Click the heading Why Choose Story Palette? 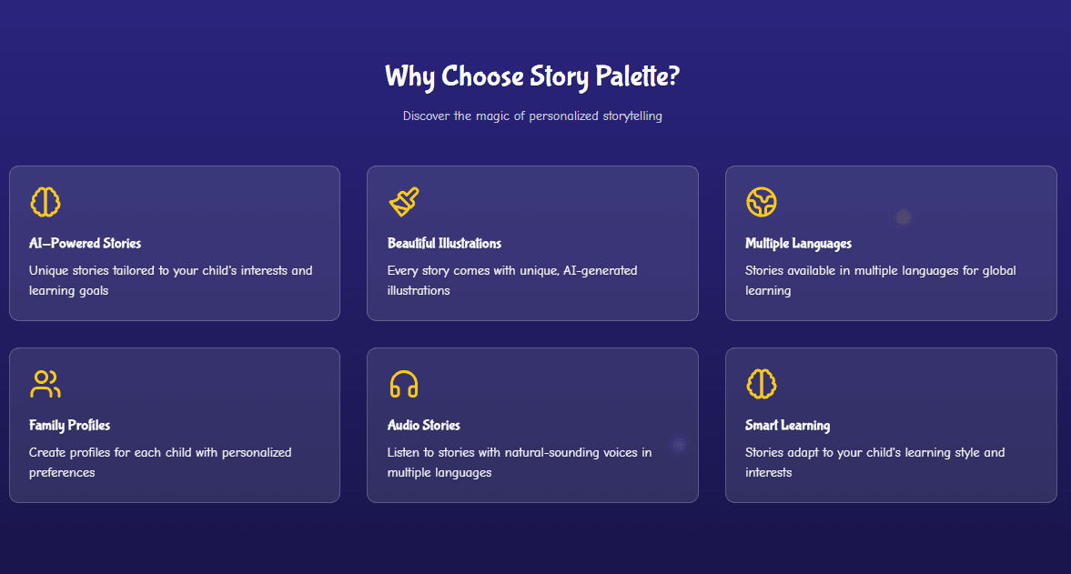tap(532, 76)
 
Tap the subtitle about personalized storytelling tap(532, 116)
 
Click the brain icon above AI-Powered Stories tap(45, 202)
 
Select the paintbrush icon tap(404, 202)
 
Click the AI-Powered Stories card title tap(85, 243)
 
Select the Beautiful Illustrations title tap(444, 243)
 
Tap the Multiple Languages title tap(798, 244)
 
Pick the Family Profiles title tap(70, 425)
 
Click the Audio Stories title tap(423, 425)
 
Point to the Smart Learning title tap(787, 425)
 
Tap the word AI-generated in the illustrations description tap(601, 270)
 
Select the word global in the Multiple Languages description tap(999, 270)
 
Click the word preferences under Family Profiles tap(62, 472)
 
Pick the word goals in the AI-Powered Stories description tap(94, 291)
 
